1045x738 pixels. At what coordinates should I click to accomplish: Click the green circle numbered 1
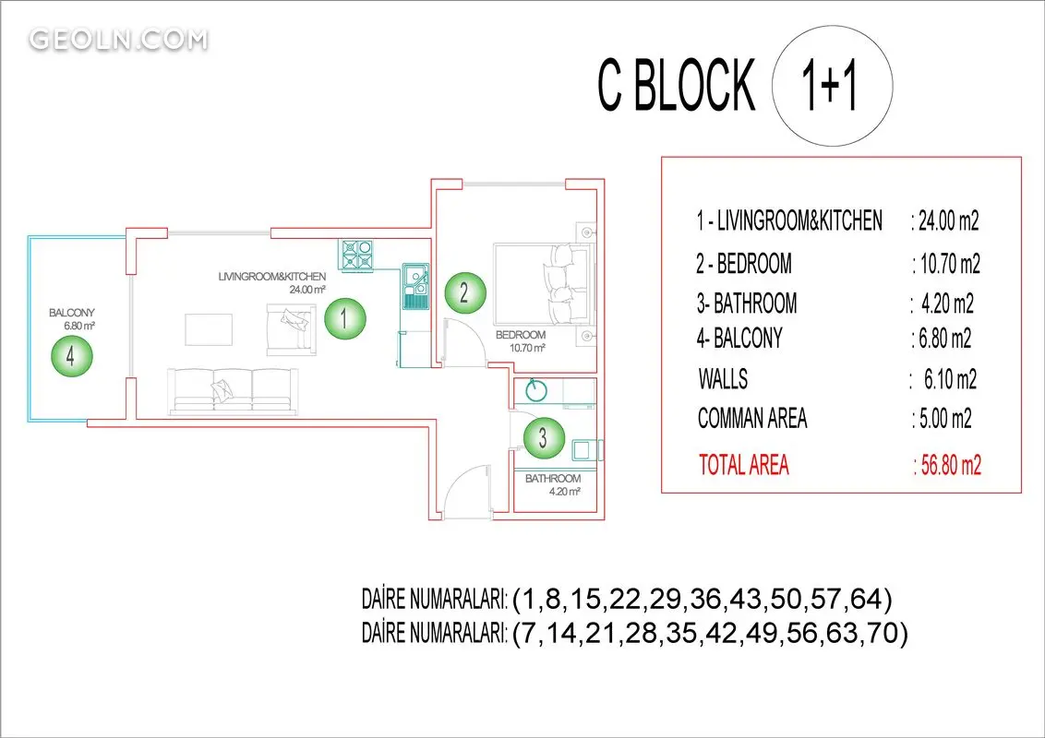click(344, 318)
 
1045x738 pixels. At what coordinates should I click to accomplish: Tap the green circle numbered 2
click(464, 292)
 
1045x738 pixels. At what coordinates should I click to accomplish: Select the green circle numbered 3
click(544, 437)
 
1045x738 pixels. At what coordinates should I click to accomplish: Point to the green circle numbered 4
click(71, 356)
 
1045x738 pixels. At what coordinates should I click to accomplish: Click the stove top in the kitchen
click(357, 256)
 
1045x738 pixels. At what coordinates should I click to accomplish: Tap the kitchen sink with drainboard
click(415, 287)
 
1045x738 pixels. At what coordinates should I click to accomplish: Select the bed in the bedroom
click(543, 284)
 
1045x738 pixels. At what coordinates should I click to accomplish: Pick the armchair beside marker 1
click(291, 329)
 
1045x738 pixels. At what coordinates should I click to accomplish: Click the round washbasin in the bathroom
click(535, 391)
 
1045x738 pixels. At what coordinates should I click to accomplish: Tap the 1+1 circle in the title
click(832, 86)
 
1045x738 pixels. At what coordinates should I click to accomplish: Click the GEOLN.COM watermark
click(119, 40)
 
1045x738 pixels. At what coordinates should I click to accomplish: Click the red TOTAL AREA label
click(744, 464)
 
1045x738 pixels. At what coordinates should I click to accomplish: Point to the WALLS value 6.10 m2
click(950, 380)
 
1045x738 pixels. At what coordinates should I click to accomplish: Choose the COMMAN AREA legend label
click(752, 418)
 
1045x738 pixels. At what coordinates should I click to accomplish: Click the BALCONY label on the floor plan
click(72, 313)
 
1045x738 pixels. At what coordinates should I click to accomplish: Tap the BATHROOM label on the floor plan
click(552, 478)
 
